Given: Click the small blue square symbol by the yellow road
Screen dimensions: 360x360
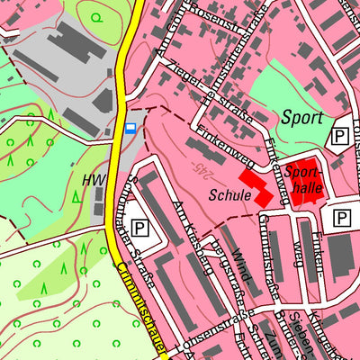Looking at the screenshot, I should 131,129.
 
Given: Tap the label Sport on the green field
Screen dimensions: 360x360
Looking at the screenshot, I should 301,116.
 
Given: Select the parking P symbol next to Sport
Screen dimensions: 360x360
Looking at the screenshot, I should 340,136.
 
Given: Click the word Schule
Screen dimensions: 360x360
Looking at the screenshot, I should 227,193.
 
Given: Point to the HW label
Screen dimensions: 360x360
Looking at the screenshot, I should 94,180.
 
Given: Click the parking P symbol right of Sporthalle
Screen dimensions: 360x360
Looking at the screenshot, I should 342,217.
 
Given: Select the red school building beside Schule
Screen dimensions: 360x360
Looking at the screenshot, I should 256,185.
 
